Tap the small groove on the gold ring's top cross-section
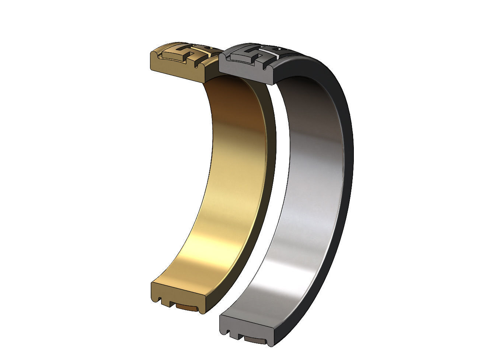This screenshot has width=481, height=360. pos(193,66)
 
